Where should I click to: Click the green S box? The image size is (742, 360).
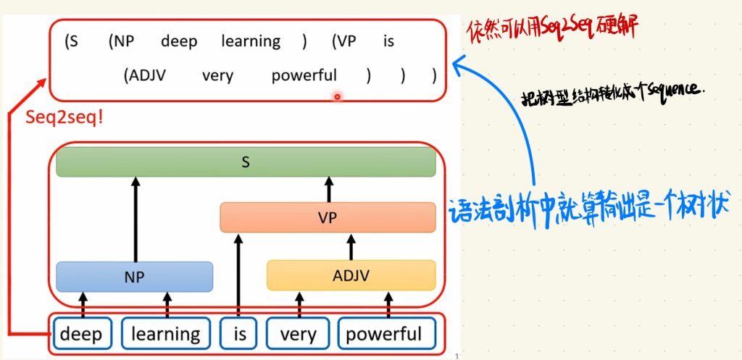click(x=246, y=163)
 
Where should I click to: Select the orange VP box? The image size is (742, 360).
click(x=328, y=217)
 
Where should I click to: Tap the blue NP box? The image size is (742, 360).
click(x=134, y=276)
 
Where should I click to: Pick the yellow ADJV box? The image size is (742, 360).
click(x=351, y=276)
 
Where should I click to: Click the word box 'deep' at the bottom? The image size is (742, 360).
click(x=81, y=334)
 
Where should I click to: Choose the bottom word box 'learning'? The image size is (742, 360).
click(x=166, y=334)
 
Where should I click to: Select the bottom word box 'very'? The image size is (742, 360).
click(x=298, y=334)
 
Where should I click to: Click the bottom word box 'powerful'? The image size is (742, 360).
click(x=383, y=334)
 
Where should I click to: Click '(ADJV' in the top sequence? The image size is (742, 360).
click(x=145, y=75)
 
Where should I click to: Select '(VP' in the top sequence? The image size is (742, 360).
click(x=343, y=41)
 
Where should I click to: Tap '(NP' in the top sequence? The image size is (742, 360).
click(x=120, y=41)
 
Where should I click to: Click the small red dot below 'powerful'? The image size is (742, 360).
click(x=337, y=95)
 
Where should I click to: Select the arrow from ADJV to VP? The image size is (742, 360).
click(x=351, y=247)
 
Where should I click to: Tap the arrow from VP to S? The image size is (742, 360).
click(x=328, y=190)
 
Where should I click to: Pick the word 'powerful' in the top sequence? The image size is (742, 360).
click(x=304, y=75)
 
